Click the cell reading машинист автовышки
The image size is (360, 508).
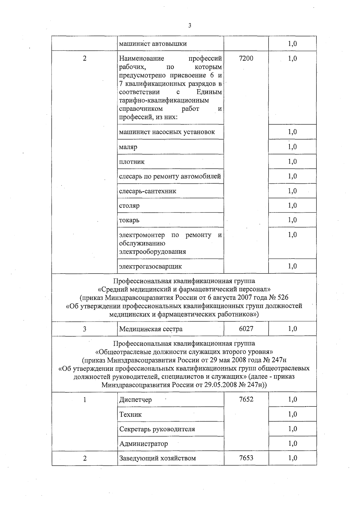point(153,44)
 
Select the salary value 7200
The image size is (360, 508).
point(246,59)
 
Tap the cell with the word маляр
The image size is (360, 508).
point(128,147)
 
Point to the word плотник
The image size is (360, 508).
point(132,162)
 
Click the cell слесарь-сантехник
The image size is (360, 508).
point(148,191)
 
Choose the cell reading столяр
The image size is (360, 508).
point(129,206)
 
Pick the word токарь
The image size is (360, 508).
point(129,220)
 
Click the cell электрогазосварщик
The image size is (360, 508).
point(150,266)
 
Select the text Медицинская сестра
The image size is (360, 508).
point(151,329)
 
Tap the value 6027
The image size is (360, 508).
point(246,329)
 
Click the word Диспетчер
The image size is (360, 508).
point(136,400)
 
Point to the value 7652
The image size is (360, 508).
point(246,400)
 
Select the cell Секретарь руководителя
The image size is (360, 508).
point(157,429)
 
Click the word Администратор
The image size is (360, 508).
point(143,444)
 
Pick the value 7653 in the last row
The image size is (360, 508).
point(246,458)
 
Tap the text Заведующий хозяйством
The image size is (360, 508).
point(157,458)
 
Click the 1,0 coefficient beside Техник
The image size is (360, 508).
point(292,414)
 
